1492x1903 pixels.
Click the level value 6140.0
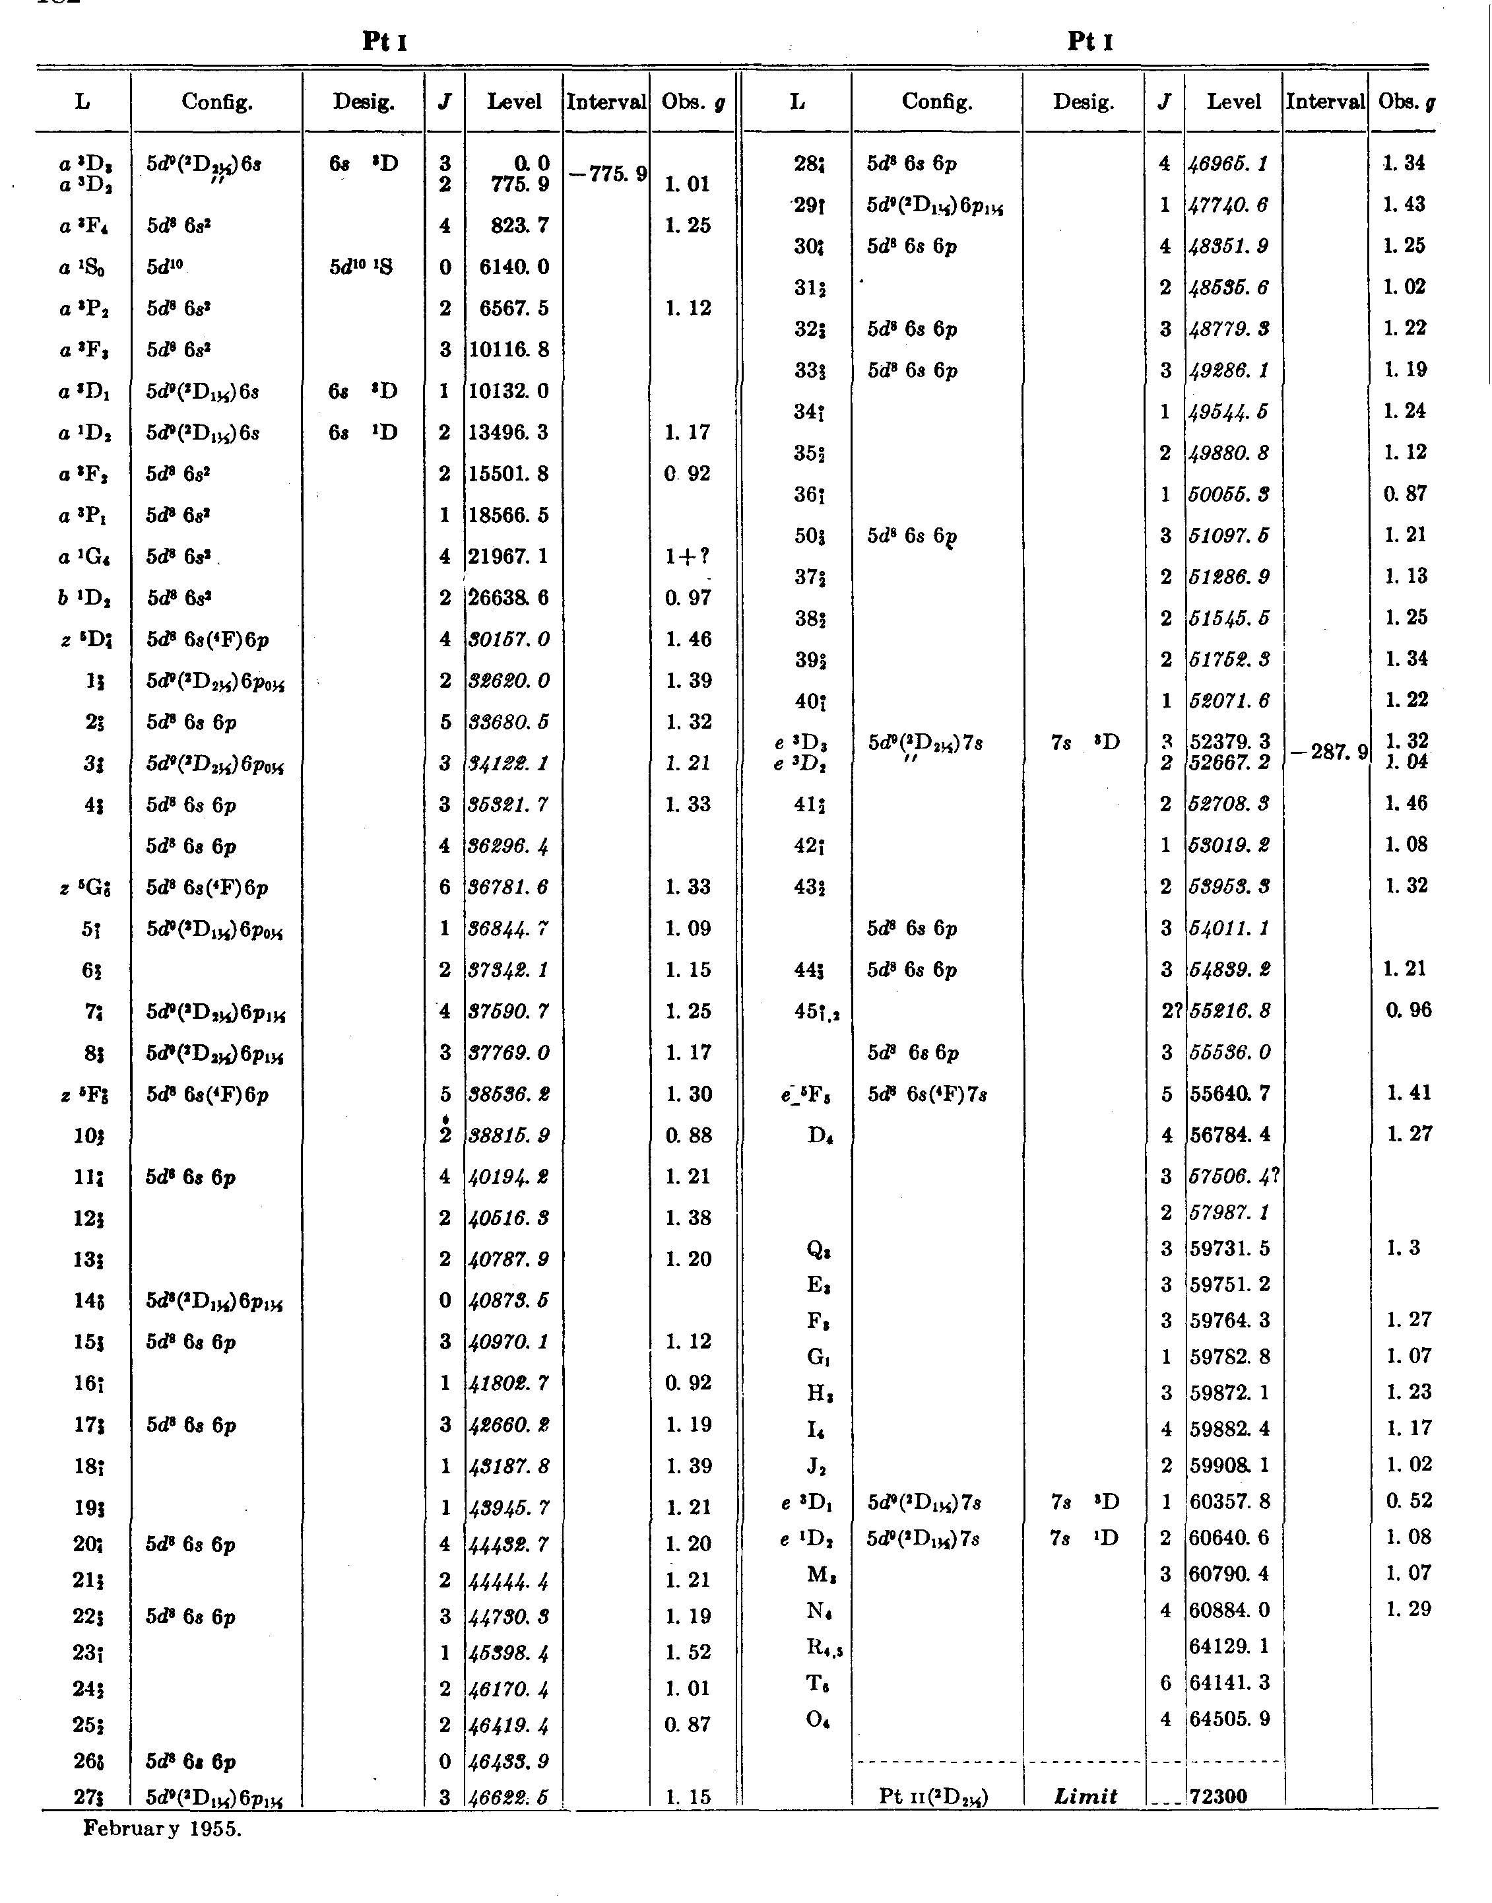point(515,267)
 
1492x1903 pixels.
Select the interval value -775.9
point(607,174)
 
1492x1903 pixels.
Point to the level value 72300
point(1219,1797)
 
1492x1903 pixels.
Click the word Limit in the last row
point(1086,1797)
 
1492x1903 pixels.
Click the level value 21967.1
point(510,556)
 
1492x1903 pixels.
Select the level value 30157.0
point(510,640)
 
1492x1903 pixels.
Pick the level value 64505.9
point(1231,1719)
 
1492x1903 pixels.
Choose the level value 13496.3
point(510,432)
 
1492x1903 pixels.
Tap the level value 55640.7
point(1231,1093)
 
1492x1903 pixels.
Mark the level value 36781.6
point(510,888)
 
